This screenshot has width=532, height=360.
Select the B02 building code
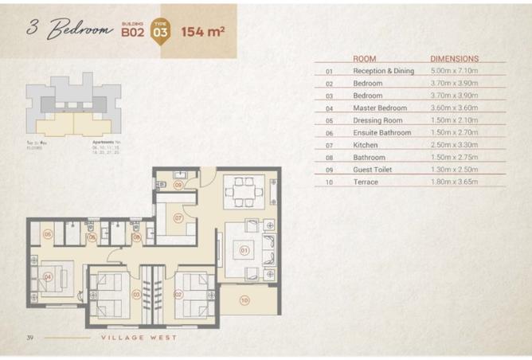pos(131,33)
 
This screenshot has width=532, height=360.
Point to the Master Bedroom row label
pos(380,108)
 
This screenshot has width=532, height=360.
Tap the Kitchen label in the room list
pos(366,145)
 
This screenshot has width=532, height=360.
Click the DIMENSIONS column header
pos(454,59)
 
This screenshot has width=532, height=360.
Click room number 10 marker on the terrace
pos(244,300)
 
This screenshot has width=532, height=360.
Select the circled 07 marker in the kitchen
pos(178,217)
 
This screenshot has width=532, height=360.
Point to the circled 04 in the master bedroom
pos(47,276)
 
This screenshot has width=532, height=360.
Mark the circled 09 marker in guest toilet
pos(178,185)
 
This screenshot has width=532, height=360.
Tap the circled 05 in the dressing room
pos(48,234)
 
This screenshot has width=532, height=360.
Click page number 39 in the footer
pos(29,338)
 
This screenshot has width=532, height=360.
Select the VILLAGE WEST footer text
pos(139,338)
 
